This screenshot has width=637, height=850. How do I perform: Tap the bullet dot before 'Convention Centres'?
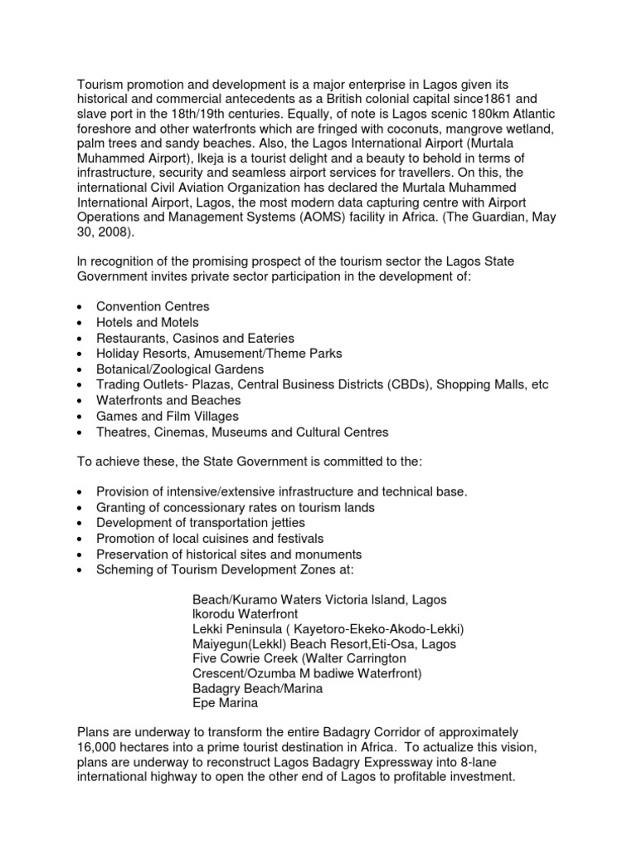click(x=79, y=308)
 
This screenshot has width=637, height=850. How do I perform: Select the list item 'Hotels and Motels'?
click(x=148, y=322)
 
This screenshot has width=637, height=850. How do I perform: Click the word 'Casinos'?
click(x=189, y=338)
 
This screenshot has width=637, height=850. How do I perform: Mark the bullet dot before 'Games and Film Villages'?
click(x=79, y=418)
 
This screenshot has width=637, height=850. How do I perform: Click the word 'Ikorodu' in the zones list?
click(x=216, y=613)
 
